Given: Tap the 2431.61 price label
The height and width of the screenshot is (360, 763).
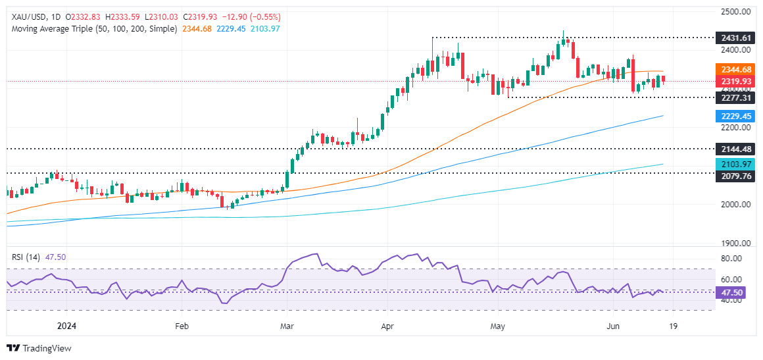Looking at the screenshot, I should (x=736, y=39).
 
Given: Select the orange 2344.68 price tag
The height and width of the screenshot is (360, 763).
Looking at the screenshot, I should (x=736, y=70).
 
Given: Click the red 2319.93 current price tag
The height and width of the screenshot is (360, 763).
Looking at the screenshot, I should (x=736, y=81).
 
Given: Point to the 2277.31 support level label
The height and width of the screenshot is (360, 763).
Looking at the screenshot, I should (x=736, y=97).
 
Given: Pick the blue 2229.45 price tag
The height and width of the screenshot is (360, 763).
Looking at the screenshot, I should (x=736, y=116).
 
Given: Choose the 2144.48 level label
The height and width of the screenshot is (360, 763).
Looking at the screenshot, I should (x=736, y=149).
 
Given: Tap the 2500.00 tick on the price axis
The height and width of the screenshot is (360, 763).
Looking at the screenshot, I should (x=736, y=11).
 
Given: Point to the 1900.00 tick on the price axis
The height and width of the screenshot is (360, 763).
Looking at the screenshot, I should (x=736, y=243).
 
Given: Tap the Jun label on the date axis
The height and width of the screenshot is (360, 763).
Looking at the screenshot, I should (x=613, y=325).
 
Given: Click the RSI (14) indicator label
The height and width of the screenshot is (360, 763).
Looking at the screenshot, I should (x=26, y=257).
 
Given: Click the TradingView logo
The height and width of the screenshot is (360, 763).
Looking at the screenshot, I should (x=39, y=348).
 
